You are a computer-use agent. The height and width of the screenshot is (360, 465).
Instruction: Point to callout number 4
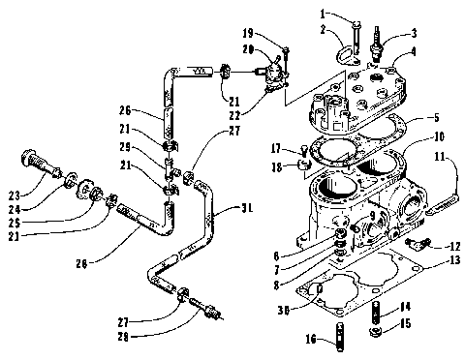click(x=415, y=51)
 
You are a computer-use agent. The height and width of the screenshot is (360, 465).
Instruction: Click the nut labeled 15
click(x=376, y=336)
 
